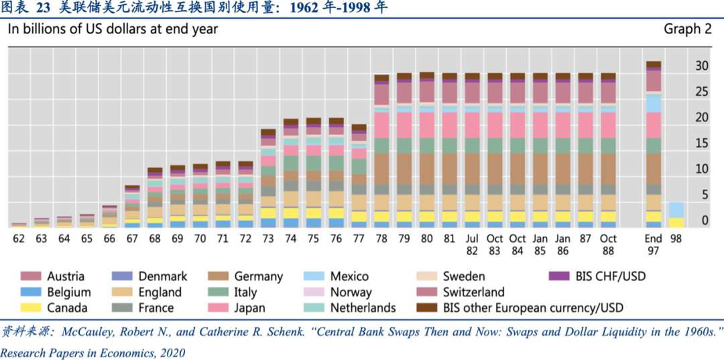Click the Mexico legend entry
(x=336, y=276)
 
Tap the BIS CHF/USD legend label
(x=611, y=276)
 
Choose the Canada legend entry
(x=54, y=308)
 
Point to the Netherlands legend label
(x=363, y=308)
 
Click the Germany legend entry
(x=245, y=276)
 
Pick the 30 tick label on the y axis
(x=702, y=66)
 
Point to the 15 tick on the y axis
(x=702, y=143)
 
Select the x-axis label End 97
(x=654, y=245)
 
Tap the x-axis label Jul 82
(x=472, y=245)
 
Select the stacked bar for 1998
(x=676, y=215)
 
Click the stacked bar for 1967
(x=132, y=206)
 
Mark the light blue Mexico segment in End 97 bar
(x=654, y=103)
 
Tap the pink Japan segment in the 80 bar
(x=426, y=125)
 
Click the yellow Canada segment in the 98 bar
(x=676, y=223)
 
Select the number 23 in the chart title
(x=42, y=8)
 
